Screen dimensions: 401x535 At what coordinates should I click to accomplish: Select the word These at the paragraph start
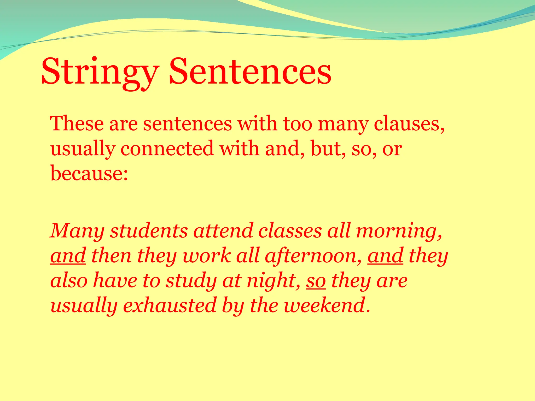[x=77, y=123]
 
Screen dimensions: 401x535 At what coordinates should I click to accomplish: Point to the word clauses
[x=409, y=123]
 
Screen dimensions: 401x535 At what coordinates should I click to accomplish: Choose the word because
[x=89, y=173]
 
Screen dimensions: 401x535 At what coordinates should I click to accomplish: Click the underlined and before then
[x=68, y=256]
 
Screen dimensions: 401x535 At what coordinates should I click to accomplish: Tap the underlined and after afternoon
[x=385, y=256]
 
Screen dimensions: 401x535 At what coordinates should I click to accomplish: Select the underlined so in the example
[x=316, y=281]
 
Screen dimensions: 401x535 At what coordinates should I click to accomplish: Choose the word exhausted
[x=170, y=305]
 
